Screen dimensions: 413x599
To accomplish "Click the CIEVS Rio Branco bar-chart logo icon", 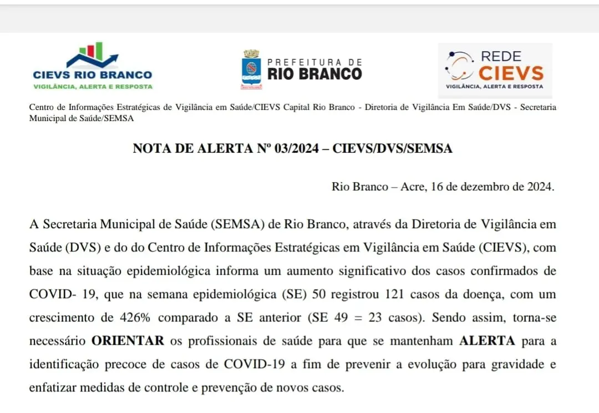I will tap(92, 54).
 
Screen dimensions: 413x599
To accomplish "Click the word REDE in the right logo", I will tap(501, 57).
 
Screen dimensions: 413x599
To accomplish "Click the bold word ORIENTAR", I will tap(128, 341).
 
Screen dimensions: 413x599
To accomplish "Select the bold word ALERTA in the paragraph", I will tap(488, 341).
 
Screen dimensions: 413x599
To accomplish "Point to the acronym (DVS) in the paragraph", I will tap(81, 248).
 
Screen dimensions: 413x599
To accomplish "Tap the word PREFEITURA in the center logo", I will tap(314, 62).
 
